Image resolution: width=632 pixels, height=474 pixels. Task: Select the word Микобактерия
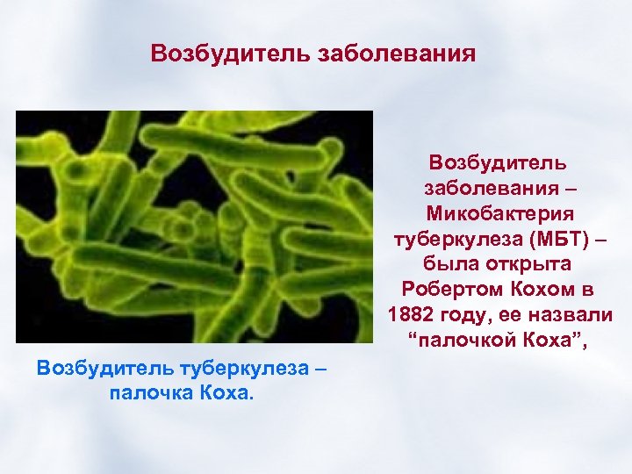click(497, 213)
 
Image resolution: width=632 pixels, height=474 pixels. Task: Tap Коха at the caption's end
click(230, 392)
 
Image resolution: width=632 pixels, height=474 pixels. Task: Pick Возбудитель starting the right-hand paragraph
click(497, 162)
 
